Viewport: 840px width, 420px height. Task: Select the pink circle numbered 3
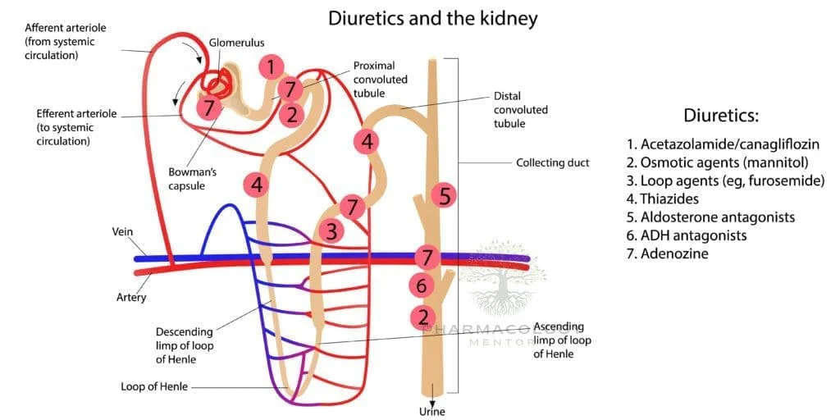click(331, 231)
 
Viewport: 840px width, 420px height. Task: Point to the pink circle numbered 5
click(444, 196)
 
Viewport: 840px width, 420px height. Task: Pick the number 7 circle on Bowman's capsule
click(209, 107)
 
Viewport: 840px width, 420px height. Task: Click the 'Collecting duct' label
click(552, 162)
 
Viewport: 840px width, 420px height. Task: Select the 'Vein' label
click(121, 232)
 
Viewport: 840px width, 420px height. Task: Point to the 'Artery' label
click(130, 297)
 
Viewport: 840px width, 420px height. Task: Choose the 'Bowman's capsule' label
click(189, 179)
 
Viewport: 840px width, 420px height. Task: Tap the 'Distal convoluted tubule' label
click(520, 110)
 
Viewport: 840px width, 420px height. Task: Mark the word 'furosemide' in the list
click(785, 181)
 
